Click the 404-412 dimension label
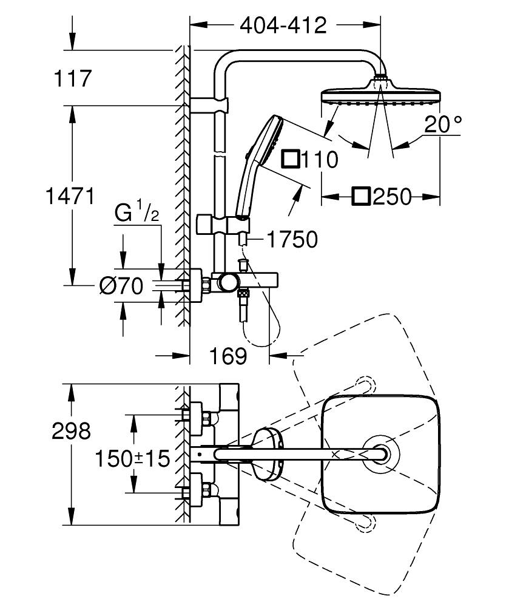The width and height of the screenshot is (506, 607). [283, 25]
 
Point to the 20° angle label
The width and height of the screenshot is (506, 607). [443, 125]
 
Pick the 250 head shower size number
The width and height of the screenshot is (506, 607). [391, 197]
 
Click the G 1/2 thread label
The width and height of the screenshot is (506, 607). [137, 214]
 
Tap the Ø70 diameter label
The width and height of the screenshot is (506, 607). [121, 285]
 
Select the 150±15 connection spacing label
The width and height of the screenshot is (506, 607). [132, 458]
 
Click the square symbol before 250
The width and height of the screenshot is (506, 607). [362, 197]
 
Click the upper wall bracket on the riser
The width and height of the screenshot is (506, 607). [209, 105]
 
